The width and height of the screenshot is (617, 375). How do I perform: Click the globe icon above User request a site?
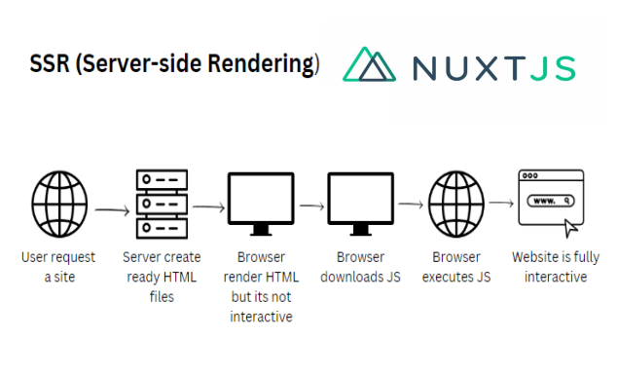(x=58, y=203)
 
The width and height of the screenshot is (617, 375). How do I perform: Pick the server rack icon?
(x=160, y=203)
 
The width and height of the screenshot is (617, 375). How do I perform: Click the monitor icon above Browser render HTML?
(x=260, y=203)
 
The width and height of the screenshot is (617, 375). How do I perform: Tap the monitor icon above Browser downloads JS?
(x=360, y=203)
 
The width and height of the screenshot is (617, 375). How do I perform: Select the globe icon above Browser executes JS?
(x=455, y=203)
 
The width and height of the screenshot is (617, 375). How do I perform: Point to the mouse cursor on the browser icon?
(x=571, y=228)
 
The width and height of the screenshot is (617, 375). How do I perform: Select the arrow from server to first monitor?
(x=209, y=206)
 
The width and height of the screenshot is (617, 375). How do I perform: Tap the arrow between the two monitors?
(x=311, y=206)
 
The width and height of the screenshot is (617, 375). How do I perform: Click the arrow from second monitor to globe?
(x=410, y=205)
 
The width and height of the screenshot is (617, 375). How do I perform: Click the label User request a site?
(x=58, y=267)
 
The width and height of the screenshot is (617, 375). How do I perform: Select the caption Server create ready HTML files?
(x=162, y=277)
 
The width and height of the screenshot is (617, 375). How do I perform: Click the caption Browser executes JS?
(x=456, y=267)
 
